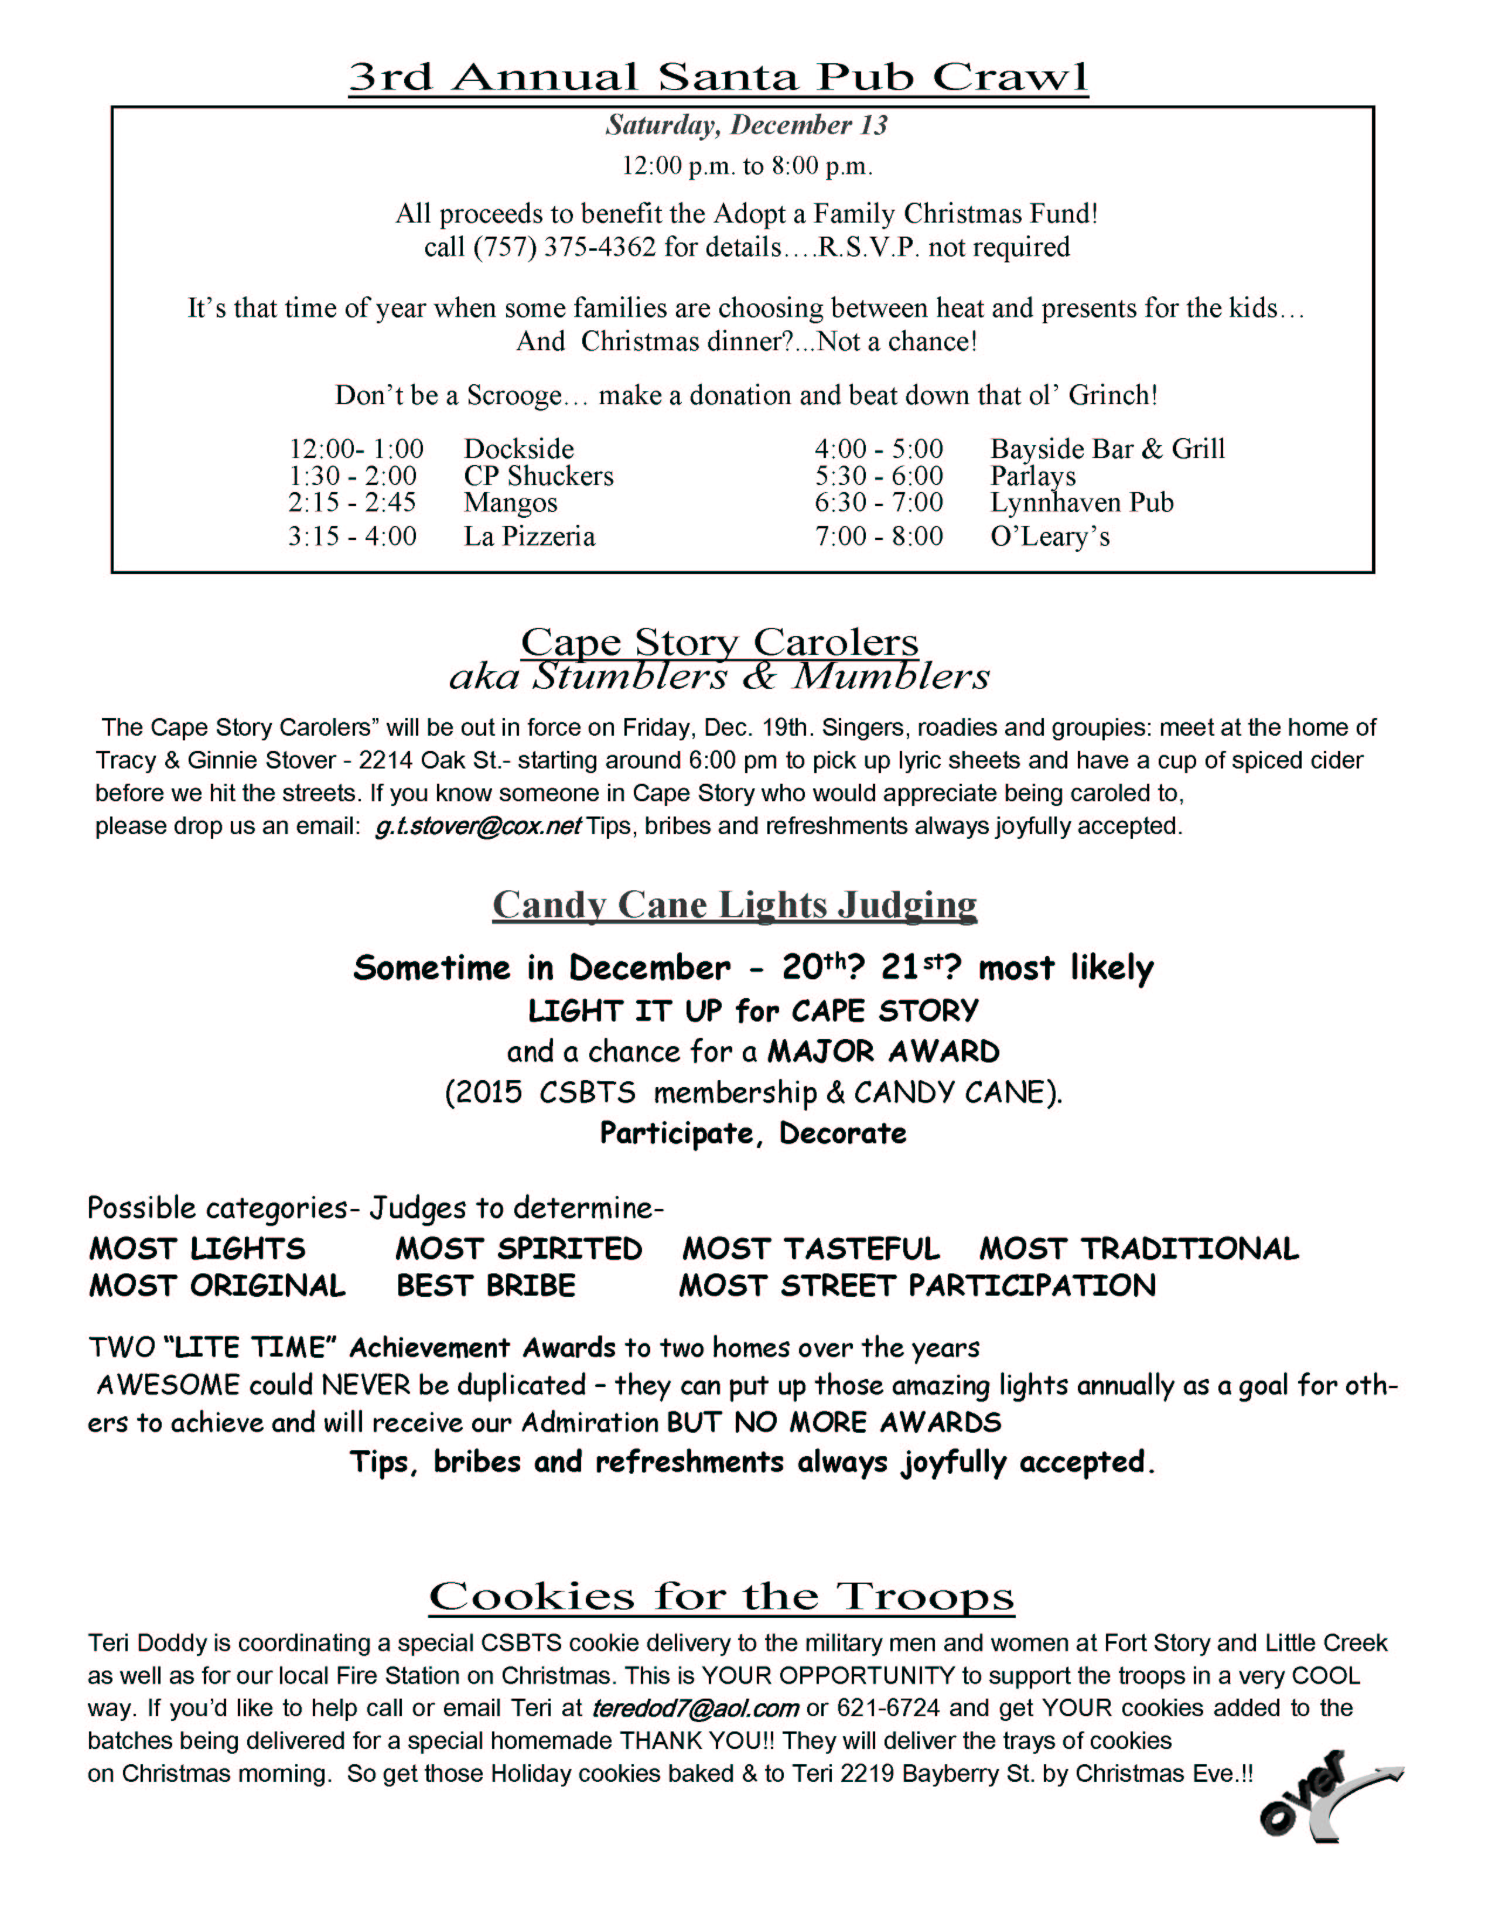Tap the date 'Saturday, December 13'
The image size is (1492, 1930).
[746, 125]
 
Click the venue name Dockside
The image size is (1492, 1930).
[519, 449]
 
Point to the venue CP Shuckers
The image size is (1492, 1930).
[538, 476]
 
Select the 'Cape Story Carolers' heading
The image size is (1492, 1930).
[719, 641]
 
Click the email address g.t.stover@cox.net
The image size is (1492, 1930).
[477, 826]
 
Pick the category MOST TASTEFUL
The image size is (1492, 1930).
[811, 1249]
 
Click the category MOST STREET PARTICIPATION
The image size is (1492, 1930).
[917, 1286]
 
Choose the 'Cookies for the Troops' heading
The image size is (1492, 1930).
[721, 1597]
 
